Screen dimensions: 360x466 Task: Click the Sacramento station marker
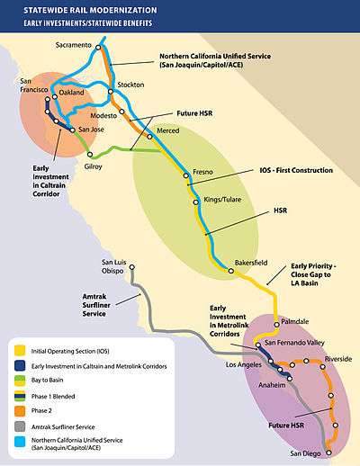point(98,47)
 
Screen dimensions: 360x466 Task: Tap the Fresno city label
point(202,172)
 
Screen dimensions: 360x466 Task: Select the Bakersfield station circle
point(231,271)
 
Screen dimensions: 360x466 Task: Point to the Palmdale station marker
point(276,325)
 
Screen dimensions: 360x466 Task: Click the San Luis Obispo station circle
point(131,267)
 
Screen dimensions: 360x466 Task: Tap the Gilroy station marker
point(90,155)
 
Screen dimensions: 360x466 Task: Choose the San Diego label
point(305,453)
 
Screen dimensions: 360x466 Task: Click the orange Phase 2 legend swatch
point(20,411)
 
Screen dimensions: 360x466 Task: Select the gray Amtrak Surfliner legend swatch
point(20,426)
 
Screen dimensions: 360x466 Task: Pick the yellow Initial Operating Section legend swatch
point(20,351)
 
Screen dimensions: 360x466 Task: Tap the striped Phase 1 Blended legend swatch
point(20,396)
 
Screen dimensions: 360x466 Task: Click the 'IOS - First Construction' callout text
point(296,170)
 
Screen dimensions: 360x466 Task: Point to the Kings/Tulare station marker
point(196,202)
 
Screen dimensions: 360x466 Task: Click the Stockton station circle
point(111,92)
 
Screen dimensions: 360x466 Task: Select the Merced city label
point(168,130)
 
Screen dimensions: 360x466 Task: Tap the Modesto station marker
point(121,112)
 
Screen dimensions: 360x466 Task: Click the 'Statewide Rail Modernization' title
point(90,10)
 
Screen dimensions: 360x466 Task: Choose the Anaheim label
point(272,385)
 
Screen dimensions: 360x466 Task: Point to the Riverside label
point(338,359)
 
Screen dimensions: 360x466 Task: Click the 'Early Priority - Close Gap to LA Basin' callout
point(313,274)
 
